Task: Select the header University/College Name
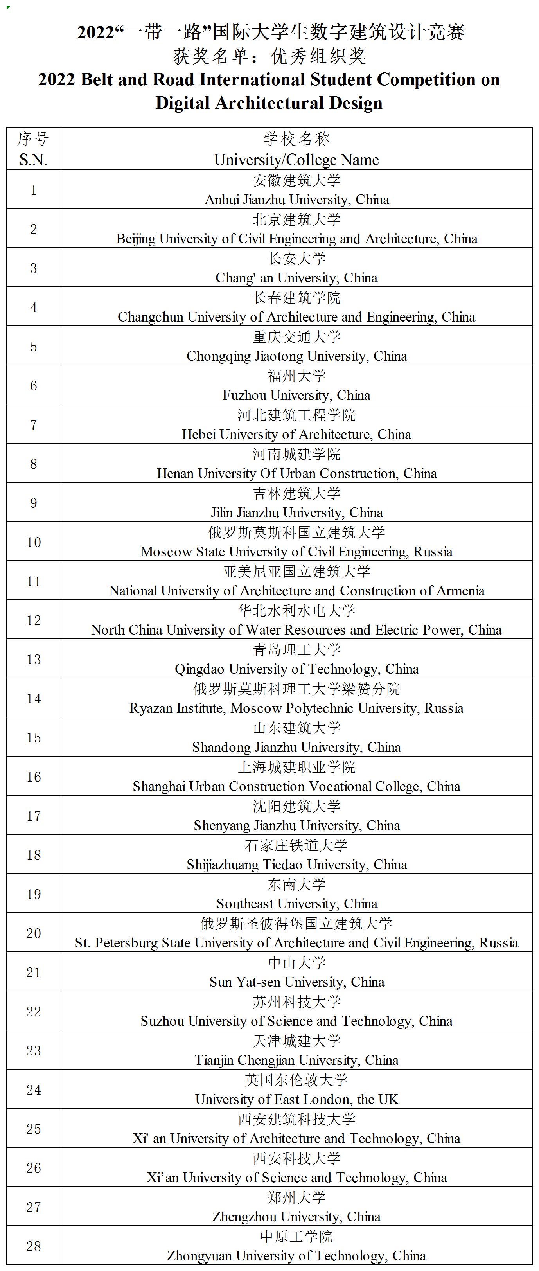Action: point(296,160)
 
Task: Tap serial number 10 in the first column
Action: point(34,542)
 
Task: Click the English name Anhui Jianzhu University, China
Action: point(297,200)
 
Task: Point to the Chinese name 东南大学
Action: point(297,884)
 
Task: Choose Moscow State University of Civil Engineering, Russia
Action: point(296,552)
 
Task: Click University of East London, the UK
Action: point(297,1099)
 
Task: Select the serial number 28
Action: point(34,1246)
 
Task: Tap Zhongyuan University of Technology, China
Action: point(296,1256)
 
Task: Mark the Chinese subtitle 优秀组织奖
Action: point(318,56)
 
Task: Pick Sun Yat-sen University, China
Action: point(297,982)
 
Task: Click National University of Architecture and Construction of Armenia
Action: point(296,591)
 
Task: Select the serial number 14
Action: point(34,698)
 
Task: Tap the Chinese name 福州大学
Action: point(297,376)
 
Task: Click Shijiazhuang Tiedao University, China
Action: point(297,865)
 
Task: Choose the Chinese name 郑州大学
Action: point(297,1197)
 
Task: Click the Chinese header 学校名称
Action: point(297,139)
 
